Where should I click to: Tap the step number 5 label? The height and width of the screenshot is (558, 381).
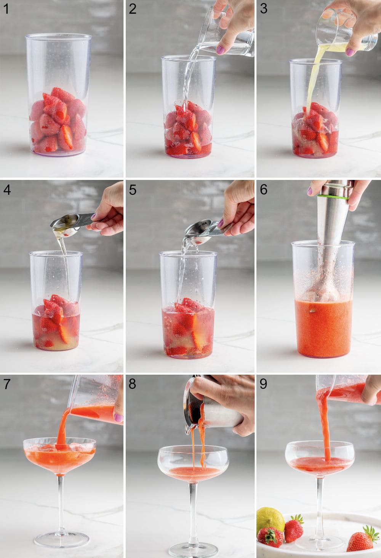click(132, 190)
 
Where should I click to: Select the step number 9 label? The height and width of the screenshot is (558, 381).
click(263, 384)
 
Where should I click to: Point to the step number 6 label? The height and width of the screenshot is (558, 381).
click(263, 190)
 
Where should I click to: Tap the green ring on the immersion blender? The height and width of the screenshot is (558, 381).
click(333, 197)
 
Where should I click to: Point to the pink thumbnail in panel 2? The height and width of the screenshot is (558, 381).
click(221, 50)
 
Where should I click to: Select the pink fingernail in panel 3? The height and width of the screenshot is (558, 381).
click(349, 52)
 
